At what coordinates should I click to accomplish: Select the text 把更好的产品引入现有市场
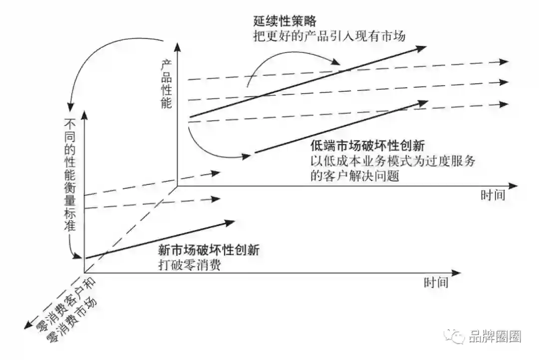pyautogui.click(x=329, y=36)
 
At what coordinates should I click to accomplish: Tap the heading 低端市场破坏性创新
pyautogui.click(x=367, y=147)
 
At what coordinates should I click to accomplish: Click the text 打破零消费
pyautogui.click(x=189, y=265)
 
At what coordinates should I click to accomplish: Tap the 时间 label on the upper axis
pyautogui.click(x=493, y=194)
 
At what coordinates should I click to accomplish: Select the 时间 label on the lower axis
pyautogui.click(x=436, y=283)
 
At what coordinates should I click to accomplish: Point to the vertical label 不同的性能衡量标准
pyautogui.click(x=70, y=175)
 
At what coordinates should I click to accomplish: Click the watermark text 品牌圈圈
pyautogui.click(x=495, y=337)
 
